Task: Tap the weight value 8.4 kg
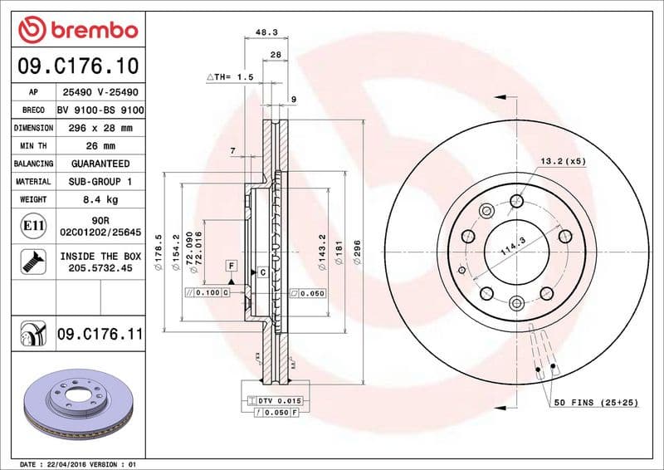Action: click(x=100, y=199)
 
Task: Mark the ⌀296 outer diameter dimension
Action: click(x=357, y=252)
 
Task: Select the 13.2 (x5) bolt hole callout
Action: click(x=564, y=160)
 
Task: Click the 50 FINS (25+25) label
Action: click(x=597, y=402)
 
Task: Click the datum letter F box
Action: click(x=232, y=265)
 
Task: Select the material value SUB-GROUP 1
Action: click(x=100, y=181)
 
